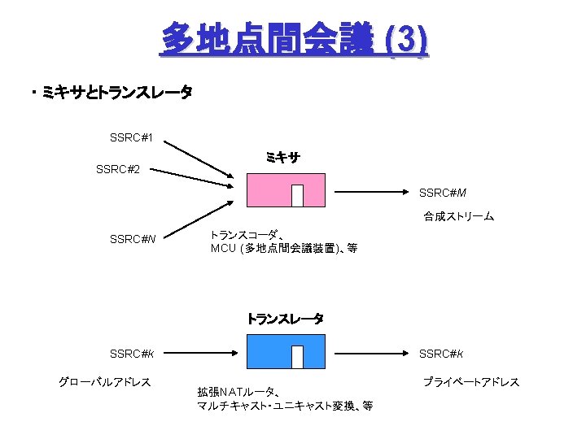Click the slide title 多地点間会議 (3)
[294, 39]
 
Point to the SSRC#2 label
[118, 170]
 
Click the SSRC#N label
[133, 239]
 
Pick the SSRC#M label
[442, 193]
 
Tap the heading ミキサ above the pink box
[282, 158]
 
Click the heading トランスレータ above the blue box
[285, 319]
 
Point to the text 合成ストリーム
[457, 217]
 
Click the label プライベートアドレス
[470, 381]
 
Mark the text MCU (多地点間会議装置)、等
[283, 248]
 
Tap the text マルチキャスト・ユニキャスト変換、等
[285, 406]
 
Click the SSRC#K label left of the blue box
[133, 354]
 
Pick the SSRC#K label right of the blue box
[442, 354]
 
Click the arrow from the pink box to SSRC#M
[370, 192]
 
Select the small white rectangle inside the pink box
[297, 195]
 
